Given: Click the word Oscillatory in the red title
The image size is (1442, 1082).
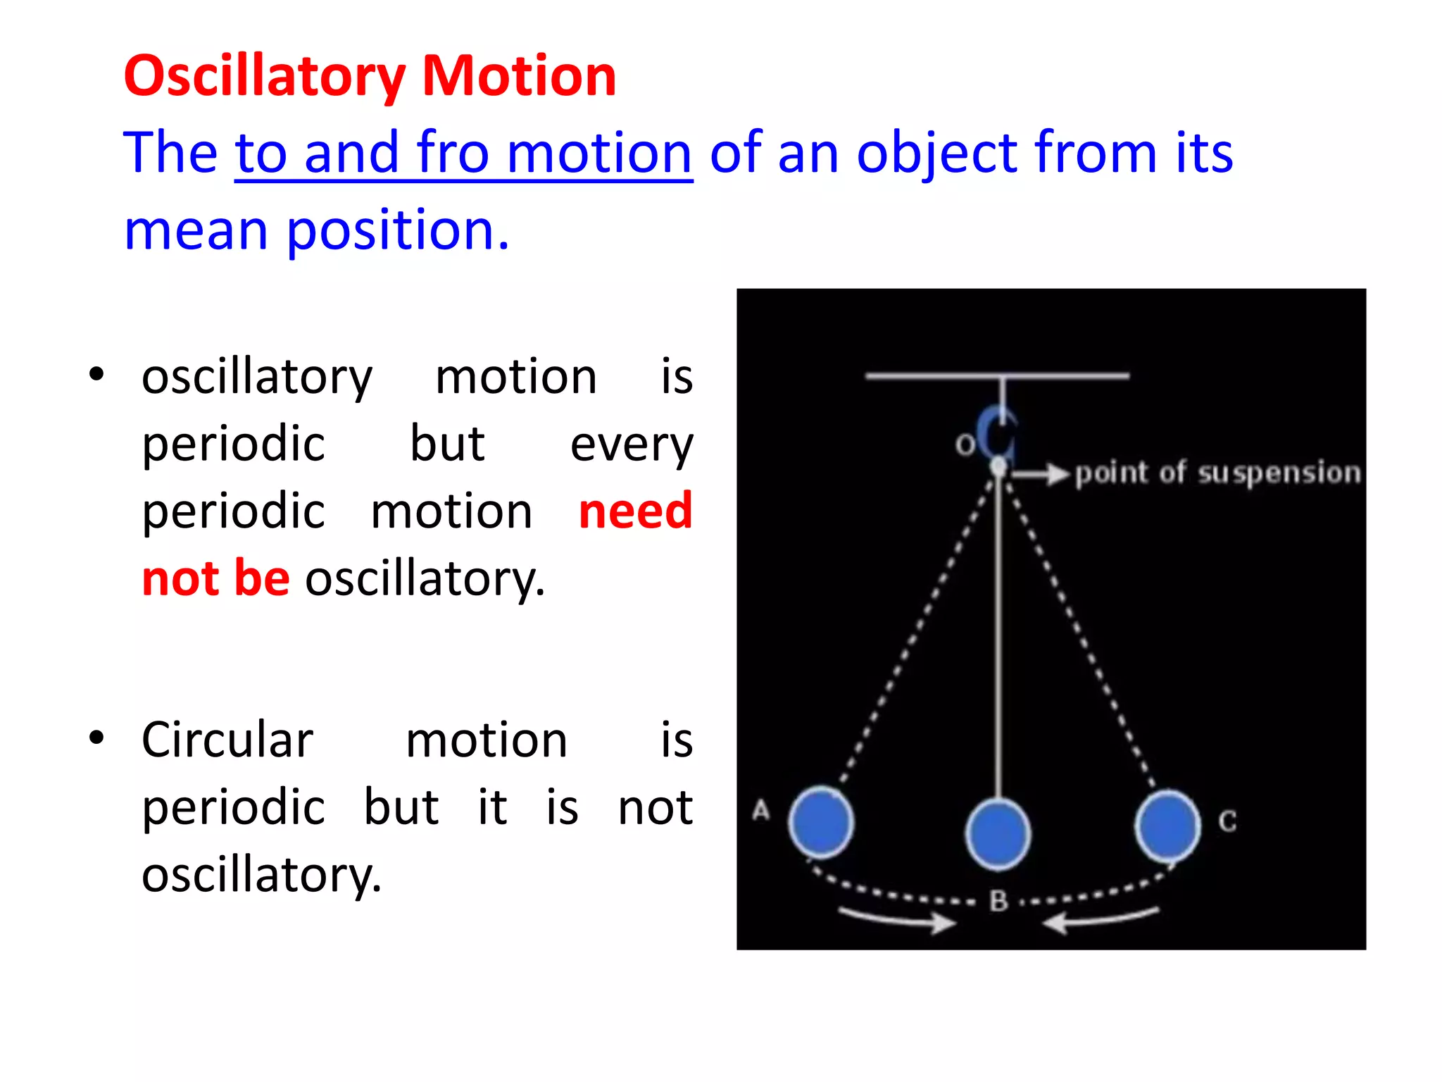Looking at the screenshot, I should coord(265,76).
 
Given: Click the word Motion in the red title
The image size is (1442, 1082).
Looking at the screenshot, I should coord(519,76).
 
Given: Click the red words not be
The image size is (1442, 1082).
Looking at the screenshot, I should coord(215,578).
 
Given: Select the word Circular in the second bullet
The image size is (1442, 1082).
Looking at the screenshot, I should coord(227,740).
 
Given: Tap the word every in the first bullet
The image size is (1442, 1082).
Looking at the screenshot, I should coord(631,444).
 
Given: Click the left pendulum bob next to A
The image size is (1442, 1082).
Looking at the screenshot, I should coord(821,822).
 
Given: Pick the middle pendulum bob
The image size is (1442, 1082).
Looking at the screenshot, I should coord(997,834).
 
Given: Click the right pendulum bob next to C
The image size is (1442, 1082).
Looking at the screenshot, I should coord(1167,826).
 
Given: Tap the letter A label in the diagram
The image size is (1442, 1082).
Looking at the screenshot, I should coord(760,810).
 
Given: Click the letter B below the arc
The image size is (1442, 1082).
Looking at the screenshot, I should coord(998,901).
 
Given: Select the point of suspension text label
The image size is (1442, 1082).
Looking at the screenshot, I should coord(1218,473).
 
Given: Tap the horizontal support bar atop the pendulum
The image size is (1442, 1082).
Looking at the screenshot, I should coord(997,376).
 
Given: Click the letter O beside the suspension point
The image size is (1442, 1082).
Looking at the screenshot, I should coord(964,444).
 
